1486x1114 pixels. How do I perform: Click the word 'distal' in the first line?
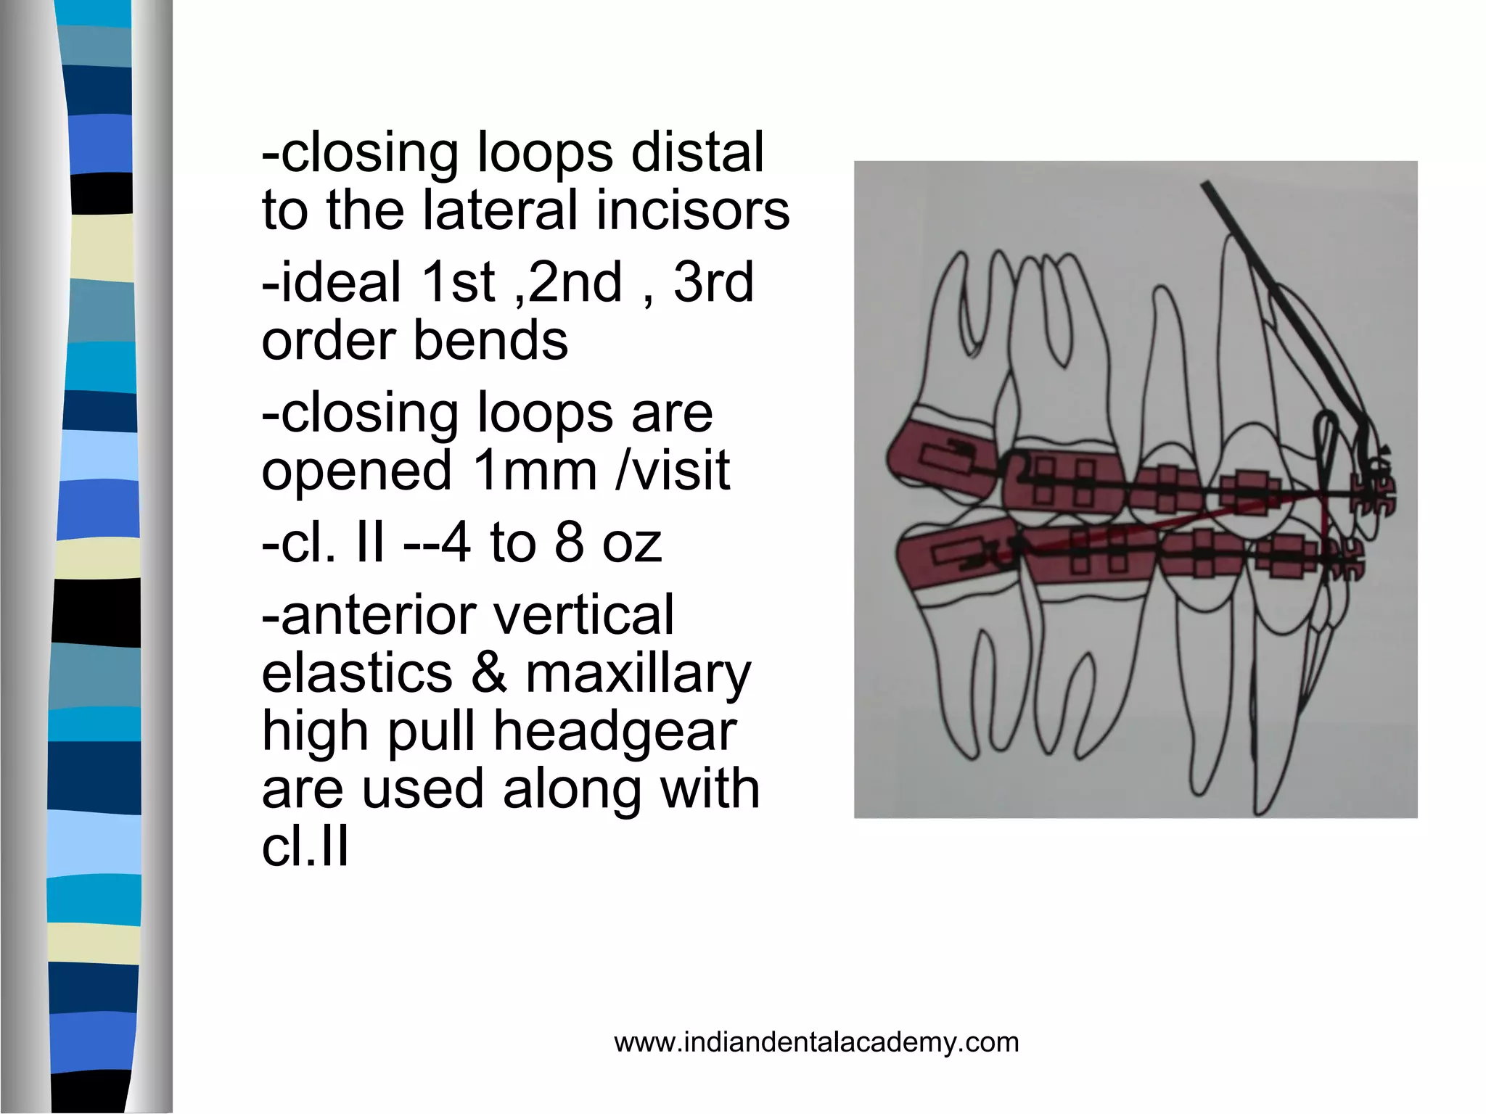(697, 153)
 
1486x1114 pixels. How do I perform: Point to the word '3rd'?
(714, 282)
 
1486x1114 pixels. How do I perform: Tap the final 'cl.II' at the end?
(305, 846)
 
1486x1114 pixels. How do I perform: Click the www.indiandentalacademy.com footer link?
(816, 1042)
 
